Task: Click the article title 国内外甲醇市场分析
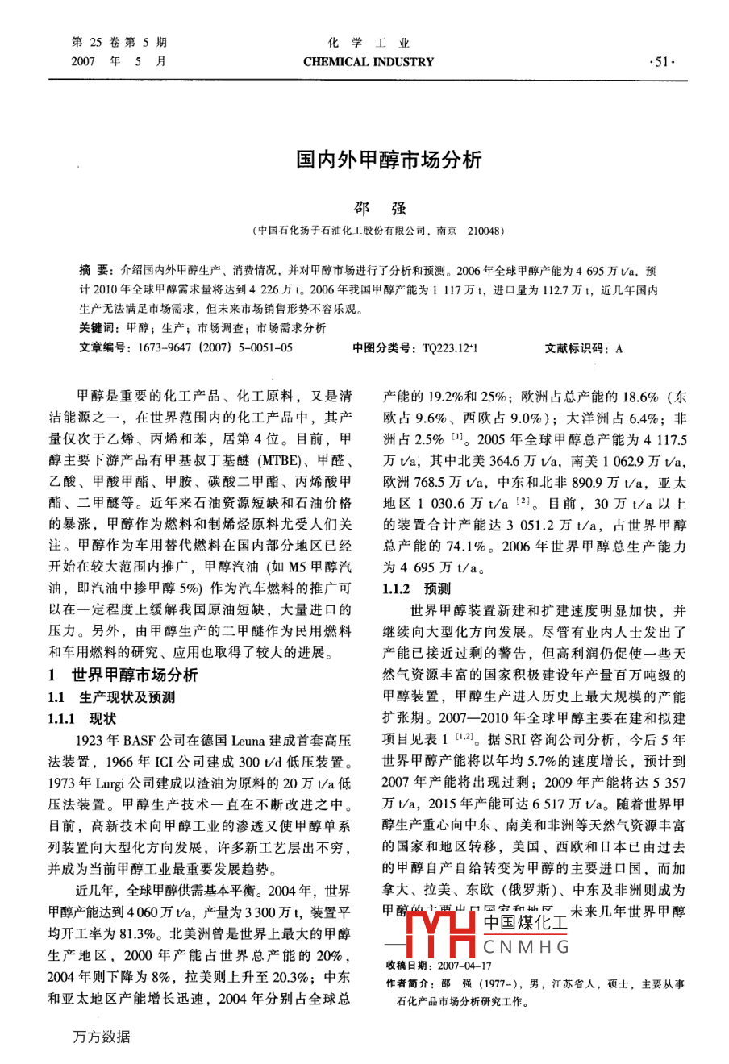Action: coord(388,160)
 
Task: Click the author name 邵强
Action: coord(381,208)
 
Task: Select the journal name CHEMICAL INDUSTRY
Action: coord(369,62)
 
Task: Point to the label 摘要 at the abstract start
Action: coord(94,272)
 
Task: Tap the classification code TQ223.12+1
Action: coord(450,348)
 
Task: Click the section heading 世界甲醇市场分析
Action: coord(134,675)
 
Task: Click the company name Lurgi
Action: coord(110,782)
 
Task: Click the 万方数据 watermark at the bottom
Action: coord(101,1037)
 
